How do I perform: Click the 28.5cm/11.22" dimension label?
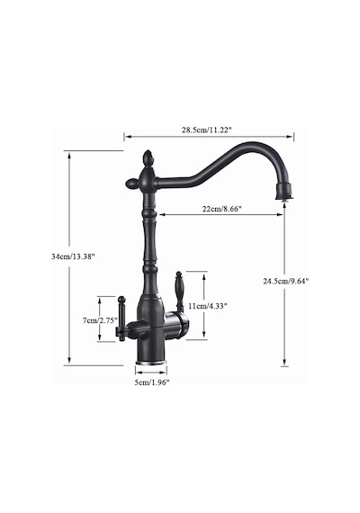206,130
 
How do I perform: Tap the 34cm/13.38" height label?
73,256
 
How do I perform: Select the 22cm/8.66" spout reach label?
221,209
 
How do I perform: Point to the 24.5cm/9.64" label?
286,281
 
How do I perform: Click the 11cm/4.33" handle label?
208,306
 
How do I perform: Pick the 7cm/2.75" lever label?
100,320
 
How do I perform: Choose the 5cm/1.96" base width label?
152,382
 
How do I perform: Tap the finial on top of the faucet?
148,159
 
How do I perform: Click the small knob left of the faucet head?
132,184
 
